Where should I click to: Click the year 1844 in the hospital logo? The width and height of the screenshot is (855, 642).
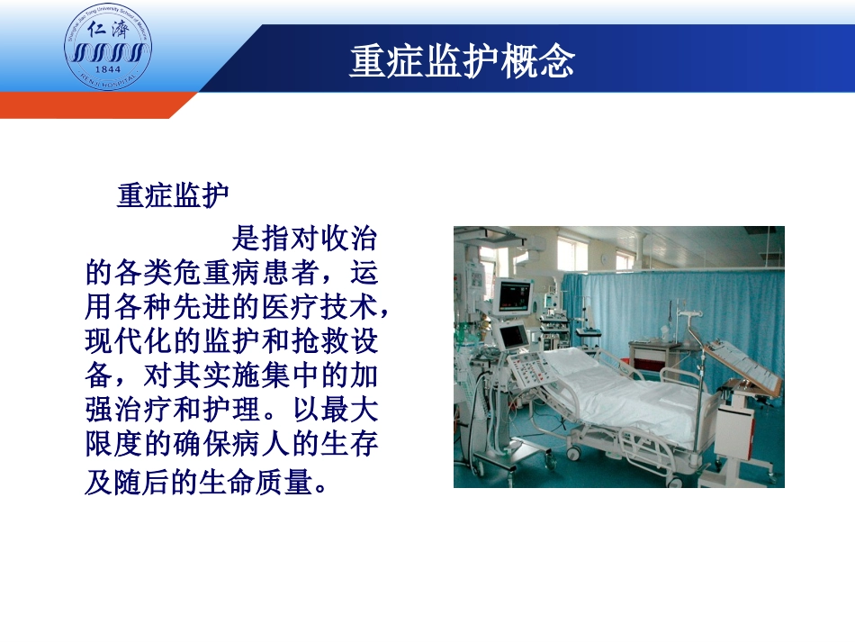click(x=108, y=69)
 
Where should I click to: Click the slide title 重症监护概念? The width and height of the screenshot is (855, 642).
click(x=462, y=61)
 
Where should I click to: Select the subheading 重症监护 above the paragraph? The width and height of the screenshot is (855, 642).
click(x=173, y=195)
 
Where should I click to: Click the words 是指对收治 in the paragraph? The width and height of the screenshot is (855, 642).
click(x=304, y=239)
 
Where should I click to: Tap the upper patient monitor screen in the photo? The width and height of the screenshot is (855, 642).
click(x=516, y=294)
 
